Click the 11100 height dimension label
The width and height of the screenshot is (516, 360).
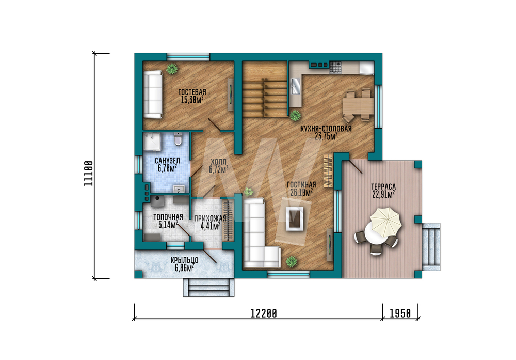pyautogui.click(x=88, y=173)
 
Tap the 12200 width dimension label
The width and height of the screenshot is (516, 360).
pyautogui.click(x=264, y=313)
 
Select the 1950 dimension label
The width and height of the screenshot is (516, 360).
pyautogui.click(x=400, y=313)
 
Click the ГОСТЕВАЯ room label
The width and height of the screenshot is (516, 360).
pyautogui.click(x=192, y=92)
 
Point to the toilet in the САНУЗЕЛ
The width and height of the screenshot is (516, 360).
pyautogui.click(x=178, y=139)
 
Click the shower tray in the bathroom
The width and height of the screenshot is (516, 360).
pyautogui.click(x=152, y=142)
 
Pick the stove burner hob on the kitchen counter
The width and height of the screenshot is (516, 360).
pyautogui.click(x=336, y=67)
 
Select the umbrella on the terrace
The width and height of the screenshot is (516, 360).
pyautogui.click(x=385, y=222)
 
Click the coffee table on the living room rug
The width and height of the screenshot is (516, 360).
pyautogui.click(x=295, y=218)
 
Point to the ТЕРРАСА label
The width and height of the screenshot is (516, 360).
pyautogui.click(x=383, y=187)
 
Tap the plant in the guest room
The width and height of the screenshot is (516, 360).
pyautogui.click(x=171, y=69)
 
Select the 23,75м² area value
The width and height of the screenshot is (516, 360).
pyautogui.click(x=326, y=136)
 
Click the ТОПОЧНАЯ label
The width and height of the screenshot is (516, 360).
pyautogui.click(x=168, y=217)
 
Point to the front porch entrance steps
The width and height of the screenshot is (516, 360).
pyautogui.click(x=208, y=287)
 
